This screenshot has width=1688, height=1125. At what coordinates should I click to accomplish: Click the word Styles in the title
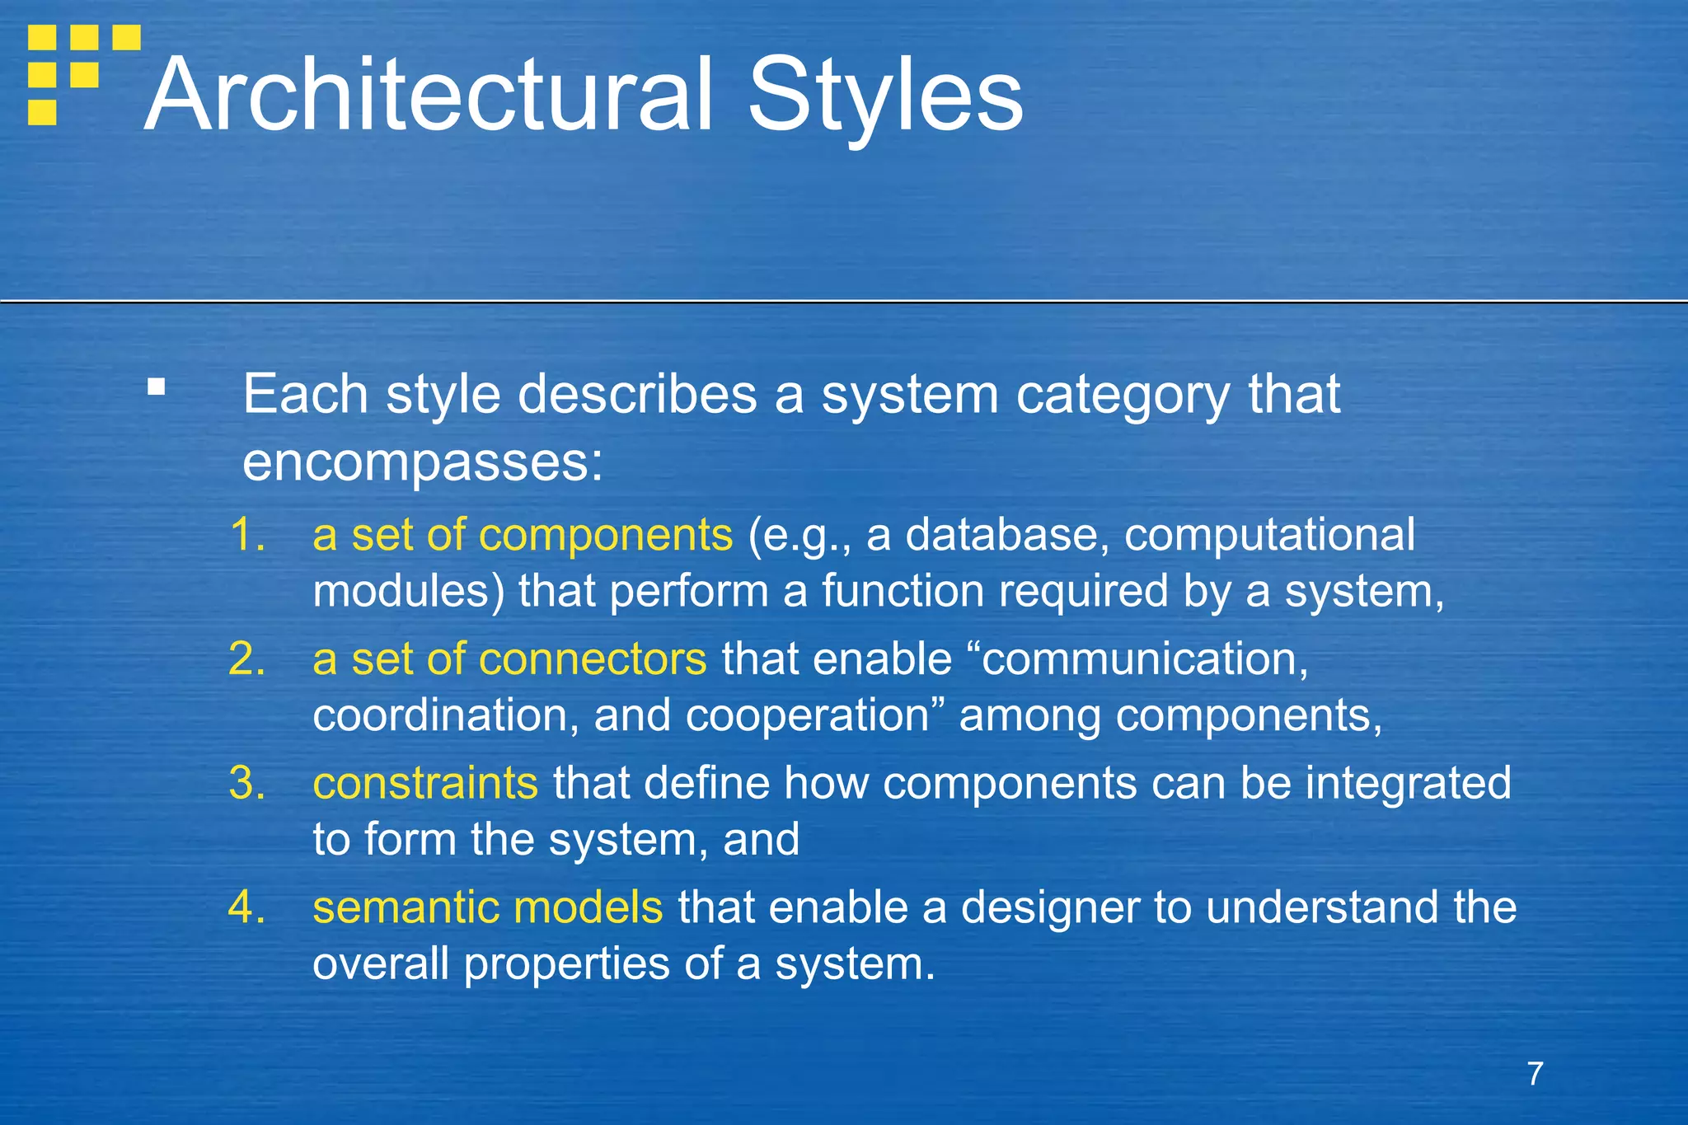click(884, 95)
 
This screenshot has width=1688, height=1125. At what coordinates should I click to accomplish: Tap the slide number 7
click(1535, 1074)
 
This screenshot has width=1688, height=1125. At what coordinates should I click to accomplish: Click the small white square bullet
click(156, 387)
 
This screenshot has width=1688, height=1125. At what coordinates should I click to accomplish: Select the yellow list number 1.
click(246, 534)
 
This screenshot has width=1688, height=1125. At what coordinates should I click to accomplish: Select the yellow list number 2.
click(246, 659)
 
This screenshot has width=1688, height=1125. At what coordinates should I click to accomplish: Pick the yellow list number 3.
click(246, 783)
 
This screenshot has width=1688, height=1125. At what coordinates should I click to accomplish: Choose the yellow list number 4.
click(246, 907)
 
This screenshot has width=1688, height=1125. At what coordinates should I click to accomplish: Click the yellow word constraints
click(425, 783)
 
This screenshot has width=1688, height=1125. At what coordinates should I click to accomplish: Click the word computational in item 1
click(1269, 534)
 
